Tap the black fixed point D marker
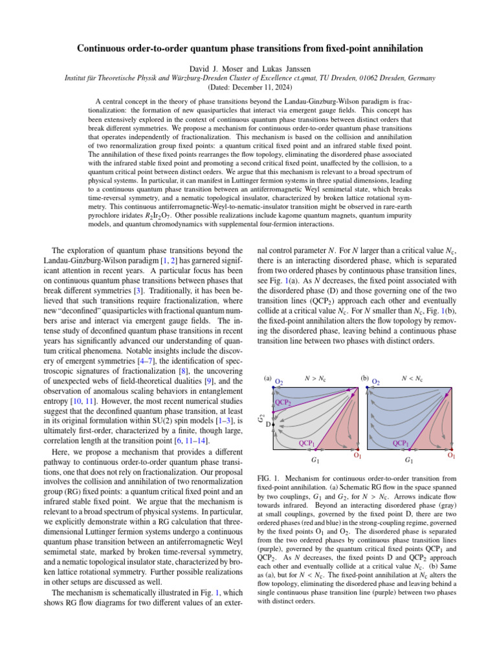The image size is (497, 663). (x=275, y=424)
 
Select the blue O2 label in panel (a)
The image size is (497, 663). (x=280, y=381)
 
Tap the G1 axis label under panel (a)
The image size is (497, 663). (x=315, y=460)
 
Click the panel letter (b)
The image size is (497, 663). (x=364, y=378)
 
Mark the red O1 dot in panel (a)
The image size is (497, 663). (x=357, y=448)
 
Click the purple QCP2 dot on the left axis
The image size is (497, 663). (x=275, y=409)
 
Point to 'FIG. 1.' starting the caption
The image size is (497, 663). (x=260, y=478)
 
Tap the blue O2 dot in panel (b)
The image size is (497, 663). (x=367, y=388)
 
